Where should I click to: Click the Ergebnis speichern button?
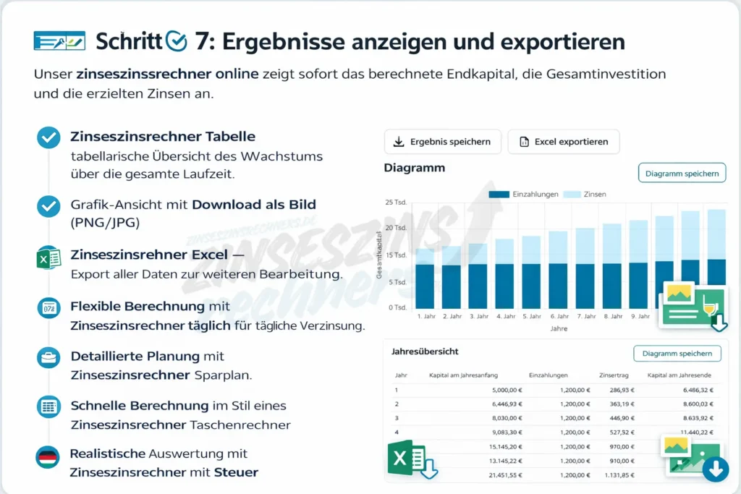441,142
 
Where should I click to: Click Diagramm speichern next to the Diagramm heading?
682,174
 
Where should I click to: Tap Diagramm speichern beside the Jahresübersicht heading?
677,354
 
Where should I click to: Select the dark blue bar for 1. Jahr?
425,286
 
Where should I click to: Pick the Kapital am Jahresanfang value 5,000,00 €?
506,390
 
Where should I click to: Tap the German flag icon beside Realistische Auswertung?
48,458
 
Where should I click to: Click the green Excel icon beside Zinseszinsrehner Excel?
48,258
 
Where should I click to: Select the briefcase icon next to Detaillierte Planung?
48,357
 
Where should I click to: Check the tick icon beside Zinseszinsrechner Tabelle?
48,137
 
